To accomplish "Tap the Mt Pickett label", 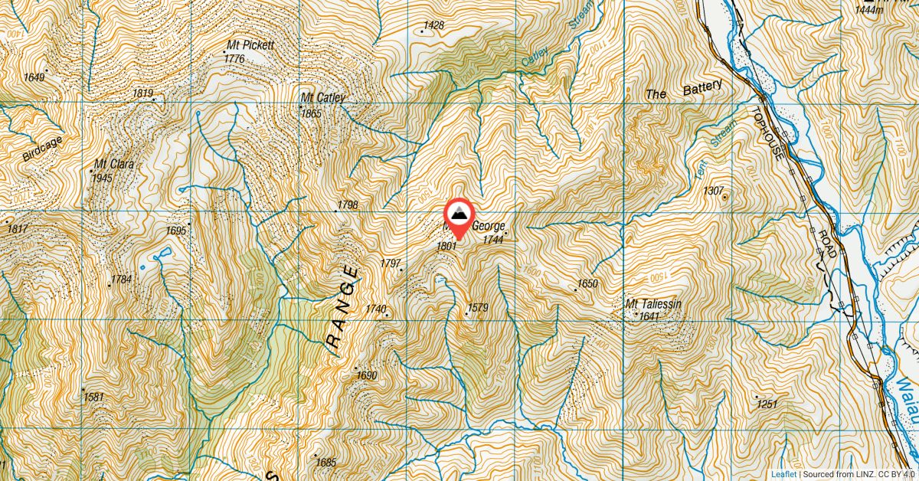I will [250, 46].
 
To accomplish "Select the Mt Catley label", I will [322, 98].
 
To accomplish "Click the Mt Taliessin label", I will [653, 305].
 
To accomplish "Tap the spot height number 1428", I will [433, 26].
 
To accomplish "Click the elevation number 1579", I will [477, 308].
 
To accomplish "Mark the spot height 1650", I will [587, 283].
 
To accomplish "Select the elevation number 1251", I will [767, 404].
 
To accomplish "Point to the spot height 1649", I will [34, 77].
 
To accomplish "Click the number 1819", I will [143, 93].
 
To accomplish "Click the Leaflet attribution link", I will [783, 474].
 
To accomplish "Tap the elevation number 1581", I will [93, 397].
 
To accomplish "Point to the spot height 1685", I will [325, 463].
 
